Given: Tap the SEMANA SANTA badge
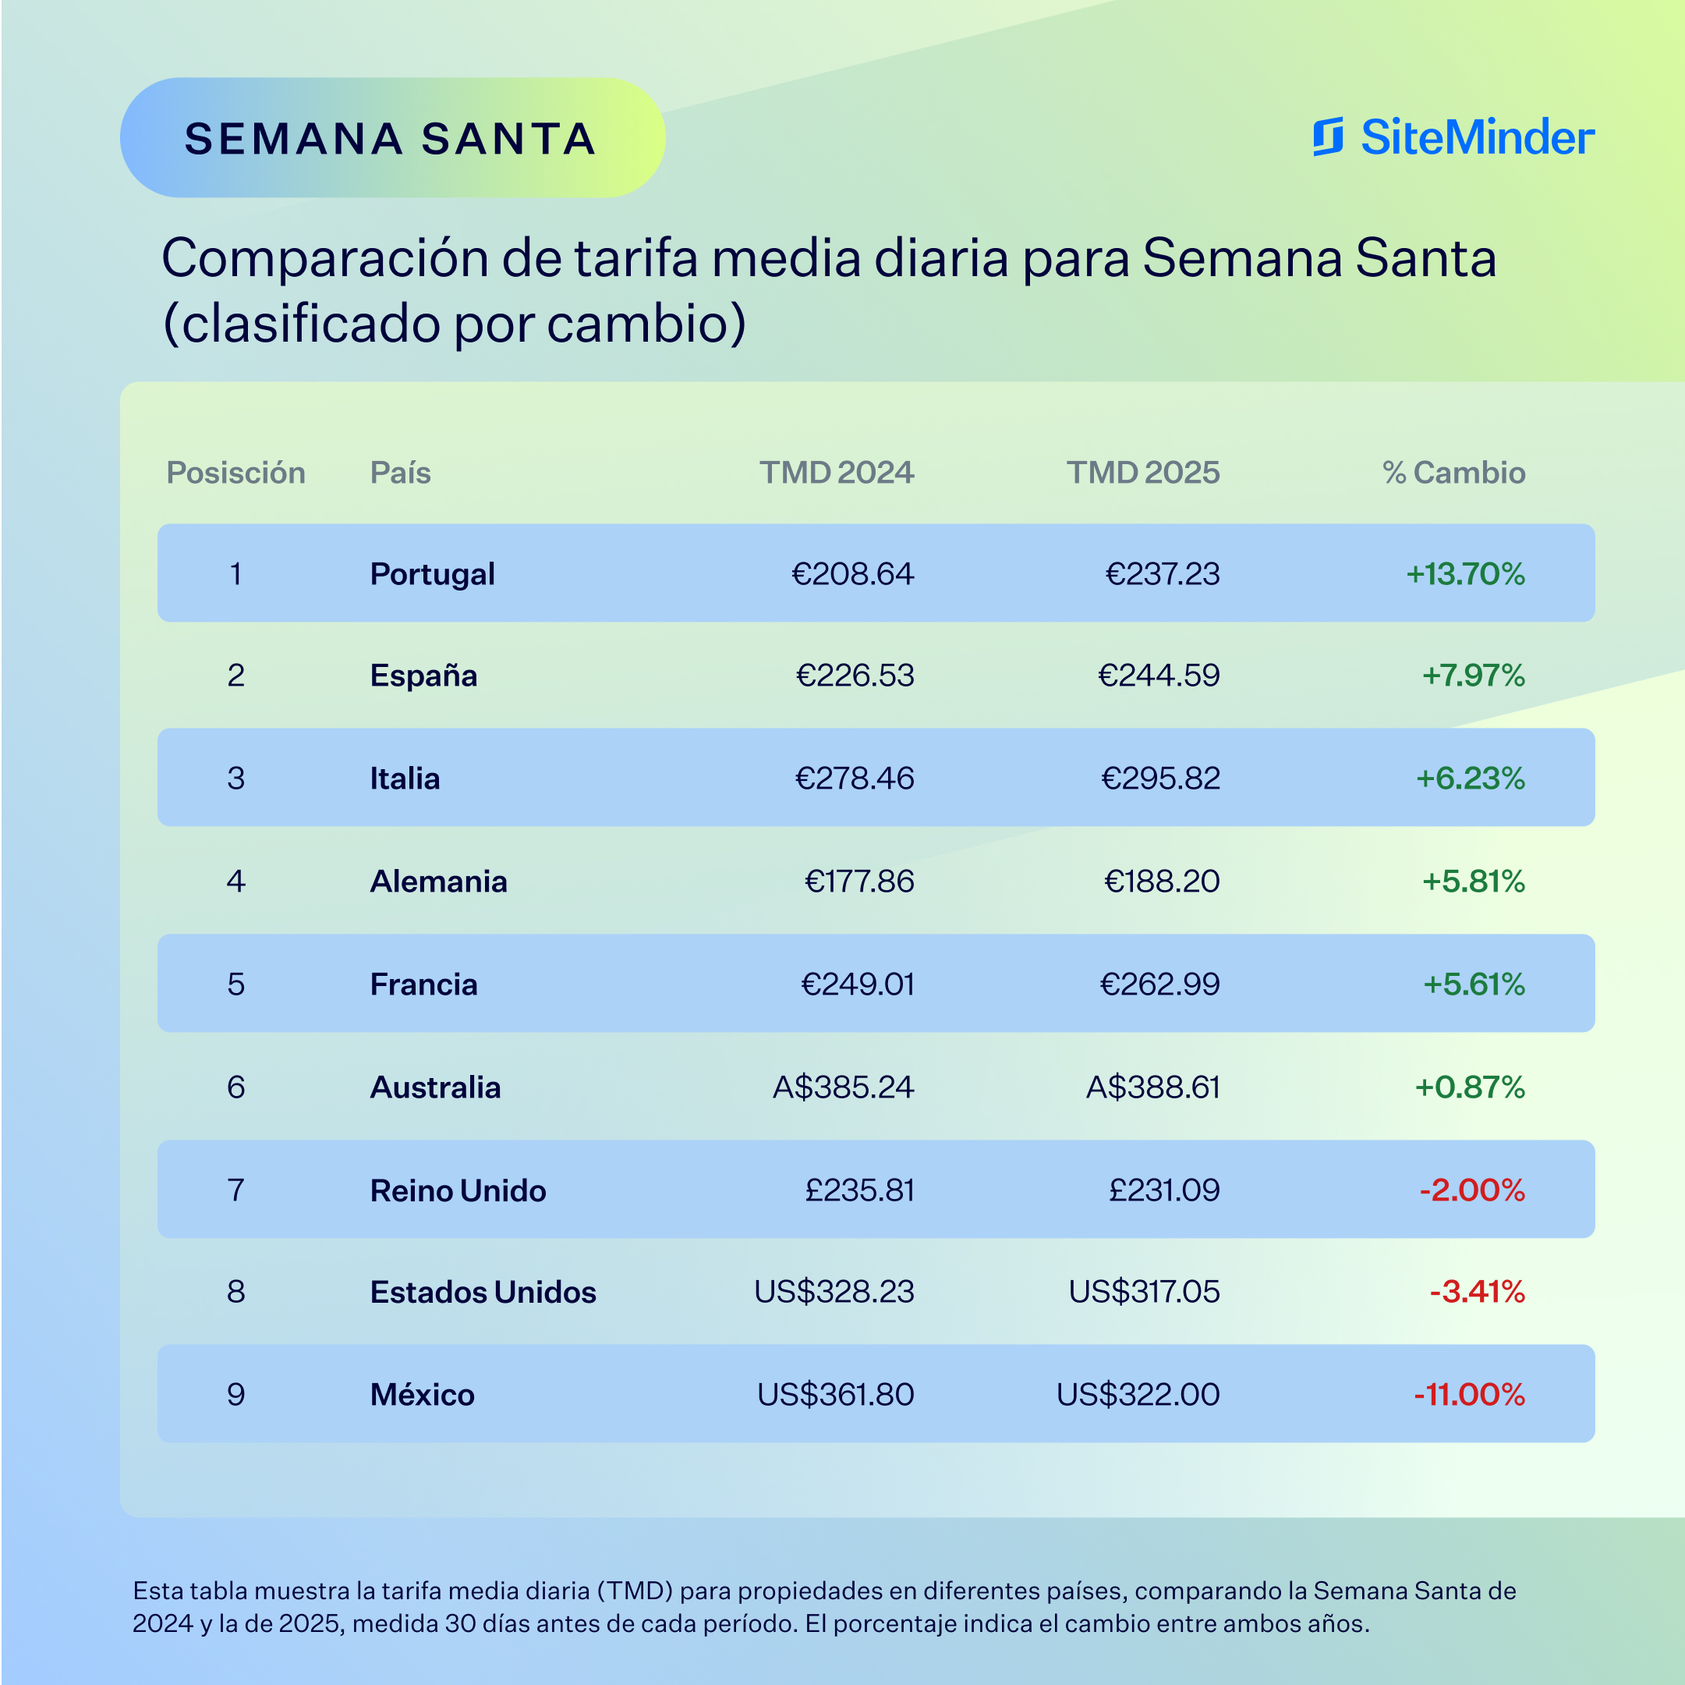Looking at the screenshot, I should tap(391, 138).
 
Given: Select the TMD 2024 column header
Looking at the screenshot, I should tap(837, 472).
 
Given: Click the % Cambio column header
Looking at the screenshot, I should tap(1454, 472).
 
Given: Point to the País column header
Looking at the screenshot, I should tap(400, 472).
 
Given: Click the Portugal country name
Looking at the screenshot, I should tap(432, 573).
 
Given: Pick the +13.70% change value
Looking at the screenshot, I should tap(1465, 573).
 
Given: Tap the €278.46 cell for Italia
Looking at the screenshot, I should tap(855, 778).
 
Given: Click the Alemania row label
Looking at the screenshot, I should tap(438, 881).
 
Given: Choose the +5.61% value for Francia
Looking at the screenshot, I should tap(1474, 984).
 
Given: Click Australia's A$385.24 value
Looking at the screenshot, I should tap(844, 1087).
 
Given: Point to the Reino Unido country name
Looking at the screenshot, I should tap(458, 1190).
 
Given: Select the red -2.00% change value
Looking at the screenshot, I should tap(1472, 1190).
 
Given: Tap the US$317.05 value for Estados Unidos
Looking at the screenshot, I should tap(1145, 1292).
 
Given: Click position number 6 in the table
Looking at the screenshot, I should tap(235, 1087).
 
